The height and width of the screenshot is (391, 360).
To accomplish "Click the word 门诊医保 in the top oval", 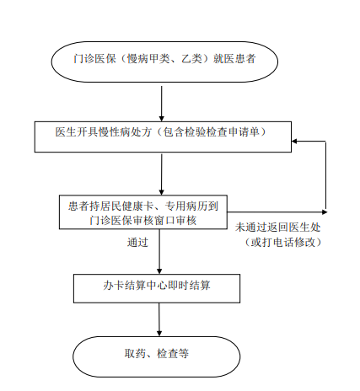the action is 94,59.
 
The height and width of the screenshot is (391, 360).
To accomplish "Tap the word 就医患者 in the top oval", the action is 234,59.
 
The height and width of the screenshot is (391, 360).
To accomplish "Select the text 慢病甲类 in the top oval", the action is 148,59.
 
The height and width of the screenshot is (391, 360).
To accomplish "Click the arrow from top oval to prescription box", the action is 162,104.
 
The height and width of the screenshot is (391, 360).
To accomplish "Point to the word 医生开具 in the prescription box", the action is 77,131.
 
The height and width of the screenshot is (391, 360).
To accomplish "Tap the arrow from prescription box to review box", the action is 162,174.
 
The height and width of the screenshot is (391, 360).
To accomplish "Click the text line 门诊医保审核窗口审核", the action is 143,221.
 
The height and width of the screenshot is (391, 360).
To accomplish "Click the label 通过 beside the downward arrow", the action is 137,242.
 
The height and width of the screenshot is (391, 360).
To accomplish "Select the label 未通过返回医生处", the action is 278,228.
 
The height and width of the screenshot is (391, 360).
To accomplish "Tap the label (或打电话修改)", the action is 283,242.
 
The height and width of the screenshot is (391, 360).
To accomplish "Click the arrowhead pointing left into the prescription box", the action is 294,141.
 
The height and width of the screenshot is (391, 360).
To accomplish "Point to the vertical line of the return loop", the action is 325,175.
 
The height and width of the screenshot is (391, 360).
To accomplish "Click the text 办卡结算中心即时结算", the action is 157,286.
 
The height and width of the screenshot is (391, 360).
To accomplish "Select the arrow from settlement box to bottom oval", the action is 159,319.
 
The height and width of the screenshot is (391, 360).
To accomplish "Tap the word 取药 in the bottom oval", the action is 135,353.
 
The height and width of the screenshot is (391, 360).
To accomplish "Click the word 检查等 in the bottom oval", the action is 173,353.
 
